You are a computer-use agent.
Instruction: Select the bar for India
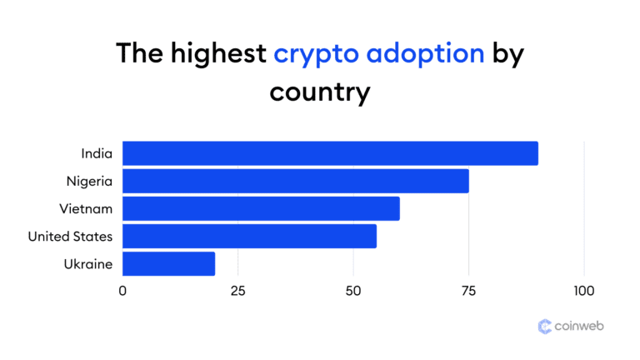pyautogui.click(x=330, y=153)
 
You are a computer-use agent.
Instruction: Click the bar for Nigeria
pyautogui.click(x=296, y=181)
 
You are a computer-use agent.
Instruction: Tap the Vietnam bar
pyautogui.click(x=261, y=208)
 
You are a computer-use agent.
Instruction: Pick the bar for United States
pyautogui.click(x=249, y=236)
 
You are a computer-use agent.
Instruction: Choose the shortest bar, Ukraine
pyautogui.click(x=168, y=263)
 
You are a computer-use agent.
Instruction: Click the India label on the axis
pyautogui.click(x=97, y=153)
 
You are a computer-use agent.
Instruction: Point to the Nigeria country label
pyautogui.click(x=89, y=181)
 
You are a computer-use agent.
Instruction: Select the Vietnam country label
pyautogui.click(x=87, y=208)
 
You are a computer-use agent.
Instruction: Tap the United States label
pyautogui.click(x=70, y=236)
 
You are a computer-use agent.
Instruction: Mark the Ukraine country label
pyautogui.click(x=88, y=263)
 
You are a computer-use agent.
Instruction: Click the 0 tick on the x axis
pyautogui.click(x=122, y=291)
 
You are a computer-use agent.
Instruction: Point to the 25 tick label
pyautogui.click(x=237, y=291)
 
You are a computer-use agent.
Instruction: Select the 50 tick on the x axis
pyautogui.click(x=353, y=291)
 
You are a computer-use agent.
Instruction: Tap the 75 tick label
pyautogui.click(x=468, y=291)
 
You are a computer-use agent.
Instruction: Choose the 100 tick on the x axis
pyautogui.click(x=583, y=291)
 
